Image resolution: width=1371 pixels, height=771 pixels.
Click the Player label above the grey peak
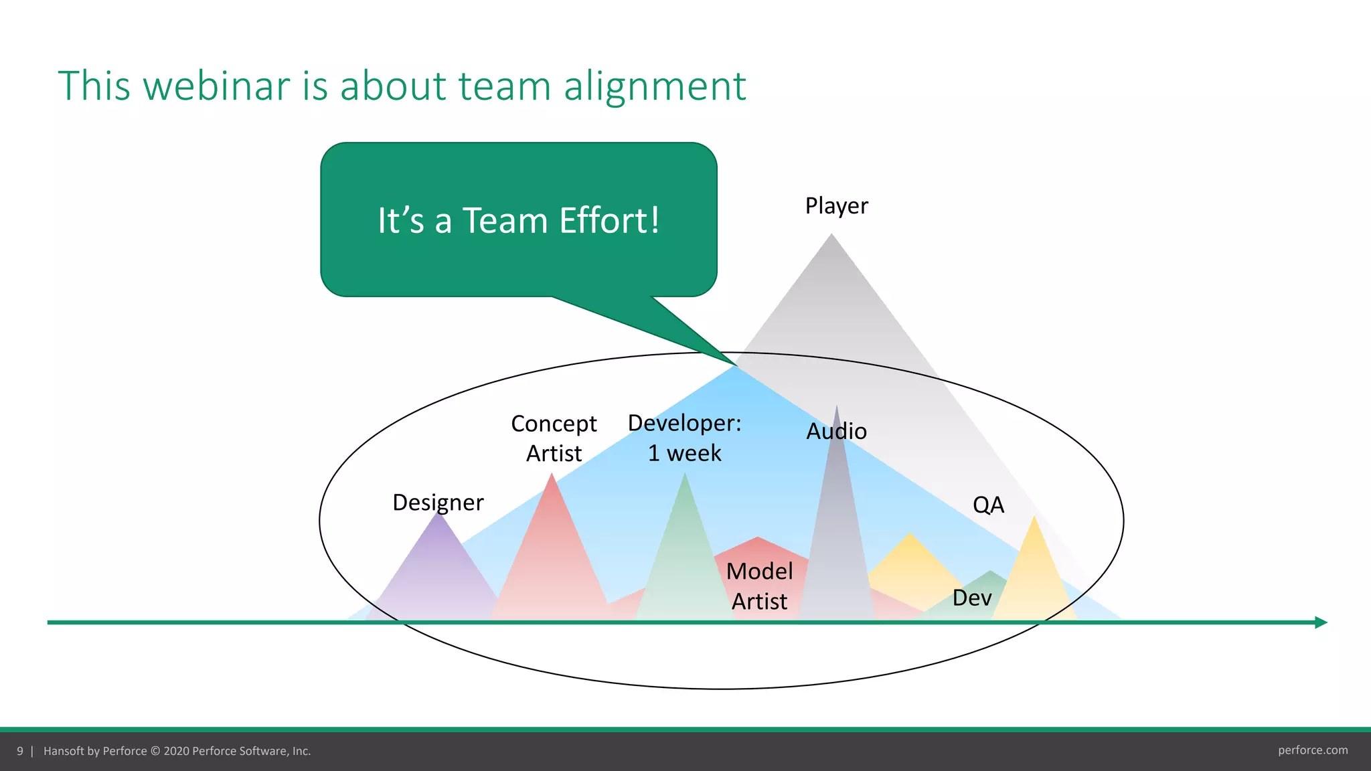[x=836, y=205]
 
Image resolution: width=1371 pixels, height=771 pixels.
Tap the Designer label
[x=438, y=502]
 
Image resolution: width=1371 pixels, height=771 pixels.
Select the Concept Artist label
[x=554, y=438]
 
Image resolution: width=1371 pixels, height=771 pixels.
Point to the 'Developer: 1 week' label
[x=684, y=438]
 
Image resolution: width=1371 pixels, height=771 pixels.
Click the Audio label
[x=836, y=431]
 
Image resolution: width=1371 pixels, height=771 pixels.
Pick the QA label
[x=988, y=505]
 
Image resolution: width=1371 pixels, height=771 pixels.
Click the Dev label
[x=971, y=598]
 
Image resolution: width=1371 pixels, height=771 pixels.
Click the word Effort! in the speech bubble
[x=609, y=220]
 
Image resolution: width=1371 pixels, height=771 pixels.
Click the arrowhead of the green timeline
[x=1321, y=622]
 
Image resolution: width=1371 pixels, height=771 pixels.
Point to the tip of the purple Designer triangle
[x=438, y=513]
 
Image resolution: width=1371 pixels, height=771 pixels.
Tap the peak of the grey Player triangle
[x=831, y=235]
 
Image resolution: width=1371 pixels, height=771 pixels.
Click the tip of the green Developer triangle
[x=684, y=475]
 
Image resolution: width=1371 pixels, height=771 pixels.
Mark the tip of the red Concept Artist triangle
[x=552, y=475]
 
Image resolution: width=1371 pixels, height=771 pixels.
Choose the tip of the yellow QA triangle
[x=1034, y=517]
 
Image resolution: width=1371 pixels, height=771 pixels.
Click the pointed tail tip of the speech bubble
[x=735, y=364]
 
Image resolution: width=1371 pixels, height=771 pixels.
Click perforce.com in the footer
[x=1312, y=750]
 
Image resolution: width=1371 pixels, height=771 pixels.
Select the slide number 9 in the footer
[x=20, y=751]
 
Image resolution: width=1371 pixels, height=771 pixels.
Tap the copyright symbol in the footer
[x=155, y=751]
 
